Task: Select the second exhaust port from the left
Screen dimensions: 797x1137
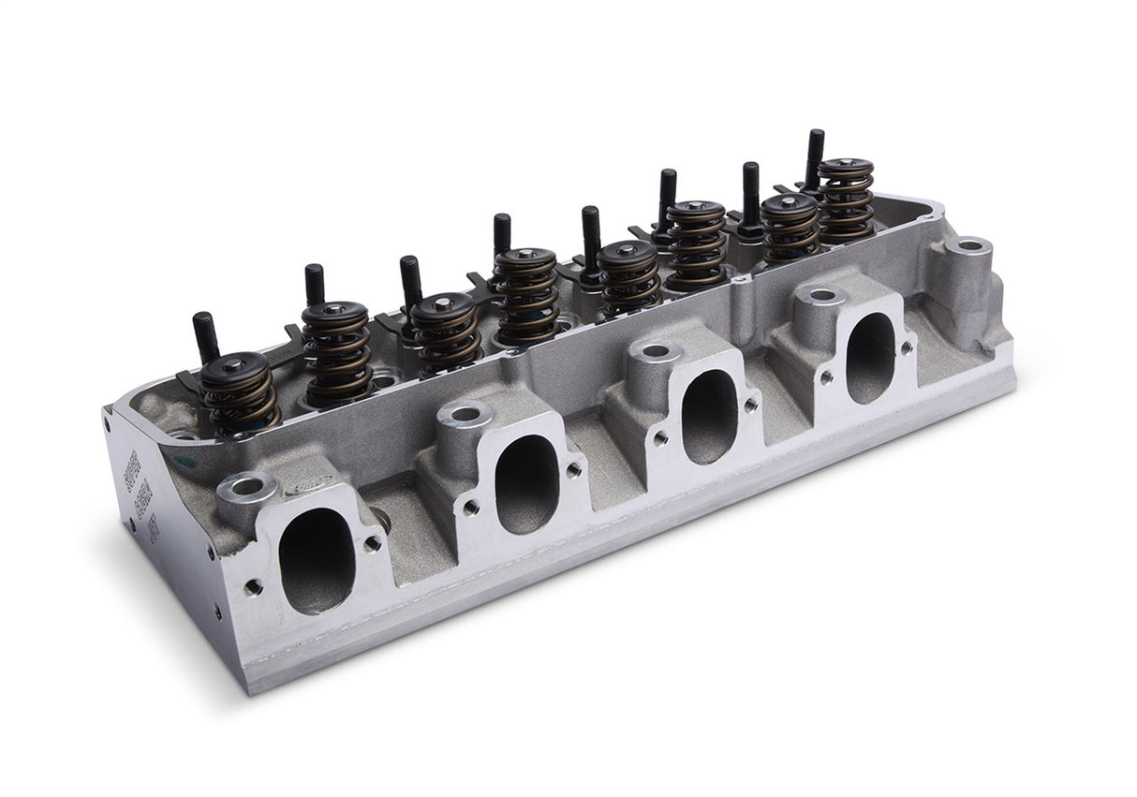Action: point(526,483)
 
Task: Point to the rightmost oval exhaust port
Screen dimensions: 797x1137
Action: point(871,357)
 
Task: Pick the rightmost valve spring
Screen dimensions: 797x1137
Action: point(846,197)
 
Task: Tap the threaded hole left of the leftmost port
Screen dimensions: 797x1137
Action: point(253,587)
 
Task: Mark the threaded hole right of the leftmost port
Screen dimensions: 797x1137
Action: point(373,541)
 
